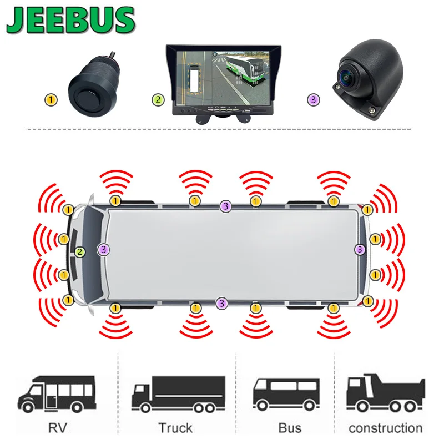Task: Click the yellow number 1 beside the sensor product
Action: pos(51,100)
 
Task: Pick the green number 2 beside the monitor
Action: pos(159,100)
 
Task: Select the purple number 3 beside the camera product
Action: pos(314,100)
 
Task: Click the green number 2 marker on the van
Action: pos(80,251)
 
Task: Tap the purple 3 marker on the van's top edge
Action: pos(225,206)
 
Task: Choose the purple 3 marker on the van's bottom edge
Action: pos(222,303)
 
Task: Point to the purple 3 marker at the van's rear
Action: pos(360,250)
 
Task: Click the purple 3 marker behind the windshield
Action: pos(104,250)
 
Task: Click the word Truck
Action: pos(175,428)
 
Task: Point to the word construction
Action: pos(385,428)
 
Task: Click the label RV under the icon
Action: pos(56,428)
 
